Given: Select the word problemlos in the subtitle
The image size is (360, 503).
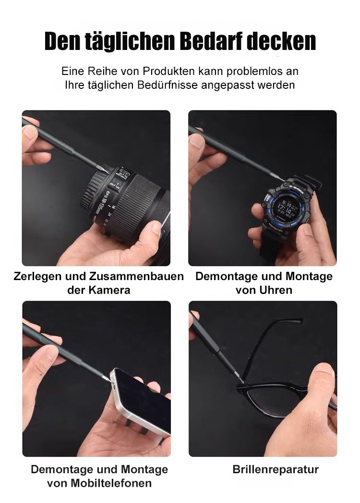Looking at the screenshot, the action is point(254,71).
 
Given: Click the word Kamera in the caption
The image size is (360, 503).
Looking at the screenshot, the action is point(109,290).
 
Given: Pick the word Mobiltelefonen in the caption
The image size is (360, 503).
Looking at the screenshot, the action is point(111,483).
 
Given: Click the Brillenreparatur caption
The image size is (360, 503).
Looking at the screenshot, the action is point(276,469).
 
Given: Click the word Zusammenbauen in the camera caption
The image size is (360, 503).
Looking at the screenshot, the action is point(137,276).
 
